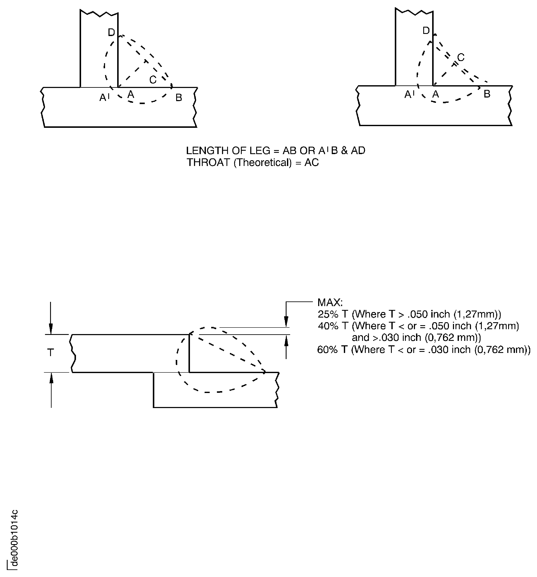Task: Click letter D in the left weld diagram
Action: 111,32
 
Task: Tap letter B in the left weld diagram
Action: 179,98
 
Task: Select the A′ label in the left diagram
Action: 104,98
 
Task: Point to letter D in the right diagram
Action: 426,31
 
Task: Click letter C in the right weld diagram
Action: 461,57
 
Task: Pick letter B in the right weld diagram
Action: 487,94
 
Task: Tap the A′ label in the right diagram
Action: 409,94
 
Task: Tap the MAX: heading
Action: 330,302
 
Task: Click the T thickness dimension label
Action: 51,353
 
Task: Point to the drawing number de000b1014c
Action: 14,543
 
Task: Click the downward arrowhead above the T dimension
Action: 51,329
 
